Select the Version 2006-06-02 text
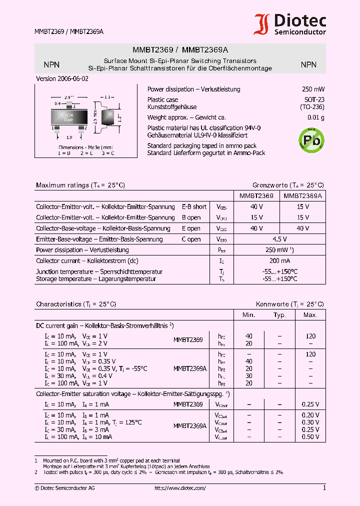tap(62, 79)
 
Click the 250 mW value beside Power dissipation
tap(313, 89)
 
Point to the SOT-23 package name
tap(315, 99)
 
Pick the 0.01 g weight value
tap(315, 117)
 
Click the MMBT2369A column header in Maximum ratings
tap(302, 196)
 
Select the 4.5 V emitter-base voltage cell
tap(279, 239)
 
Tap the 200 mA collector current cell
tap(279, 260)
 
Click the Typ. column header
tap(279, 315)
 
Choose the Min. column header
tap(249, 315)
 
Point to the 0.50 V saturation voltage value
tap(310, 436)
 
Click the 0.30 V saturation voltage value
tap(310, 422)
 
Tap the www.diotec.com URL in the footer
tap(180, 488)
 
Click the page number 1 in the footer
tap(324, 488)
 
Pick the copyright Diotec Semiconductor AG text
tap(64, 488)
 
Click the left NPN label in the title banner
tap(51, 64)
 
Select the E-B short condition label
tap(194, 206)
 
